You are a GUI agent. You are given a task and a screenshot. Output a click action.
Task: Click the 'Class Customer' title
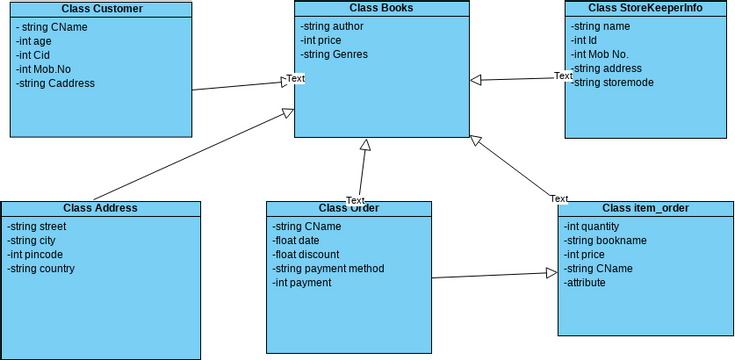[x=100, y=9]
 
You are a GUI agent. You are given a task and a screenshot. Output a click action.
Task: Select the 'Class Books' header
[x=381, y=8]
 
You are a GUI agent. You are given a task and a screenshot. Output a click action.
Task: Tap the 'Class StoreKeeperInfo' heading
[x=644, y=8]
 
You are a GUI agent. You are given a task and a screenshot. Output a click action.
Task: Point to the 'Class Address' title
[x=100, y=208]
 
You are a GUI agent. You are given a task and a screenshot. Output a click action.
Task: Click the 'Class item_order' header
[x=645, y=208]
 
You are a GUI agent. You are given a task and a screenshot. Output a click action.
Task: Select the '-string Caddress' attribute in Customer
[x=56, y=84]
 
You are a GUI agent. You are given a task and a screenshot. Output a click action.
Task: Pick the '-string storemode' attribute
[x=612, y=82]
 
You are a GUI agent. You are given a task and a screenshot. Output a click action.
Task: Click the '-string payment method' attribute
[x=329, y=268]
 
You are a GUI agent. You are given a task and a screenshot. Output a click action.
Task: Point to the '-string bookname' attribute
[x=605, y=240]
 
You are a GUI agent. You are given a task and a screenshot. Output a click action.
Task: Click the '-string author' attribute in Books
[x=333, y=26]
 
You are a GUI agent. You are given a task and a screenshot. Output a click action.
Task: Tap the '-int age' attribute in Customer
[x=35, y=42]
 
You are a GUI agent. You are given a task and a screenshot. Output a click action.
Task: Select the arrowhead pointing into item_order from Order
[x=551, y=272]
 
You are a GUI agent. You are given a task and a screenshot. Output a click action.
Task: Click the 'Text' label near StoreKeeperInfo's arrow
[x=563, y=76]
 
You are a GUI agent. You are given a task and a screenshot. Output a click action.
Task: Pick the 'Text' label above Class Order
[x=355, y=200]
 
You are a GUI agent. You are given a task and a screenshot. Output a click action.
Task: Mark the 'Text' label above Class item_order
[x=558, y=199]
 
